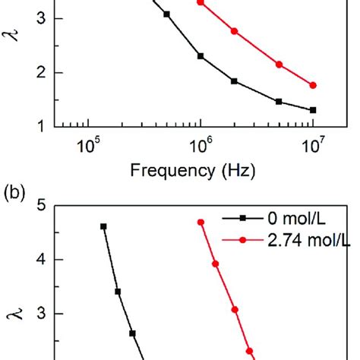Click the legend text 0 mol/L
point(288,219)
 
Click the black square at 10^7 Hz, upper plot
point(313,110)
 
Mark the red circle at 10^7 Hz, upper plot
point(313,85)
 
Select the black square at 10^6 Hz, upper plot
point(201,56)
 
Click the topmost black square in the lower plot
point(103,226)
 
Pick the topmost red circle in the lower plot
point(201,222)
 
